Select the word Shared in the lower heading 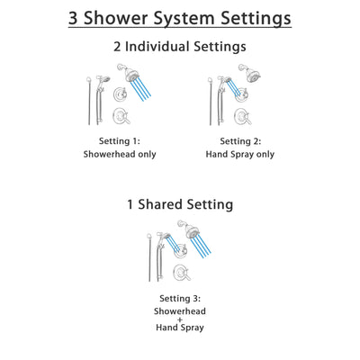pos(176,204)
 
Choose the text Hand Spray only pos(238,154)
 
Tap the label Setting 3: pos(180,298)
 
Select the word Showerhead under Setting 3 pos(180,310)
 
